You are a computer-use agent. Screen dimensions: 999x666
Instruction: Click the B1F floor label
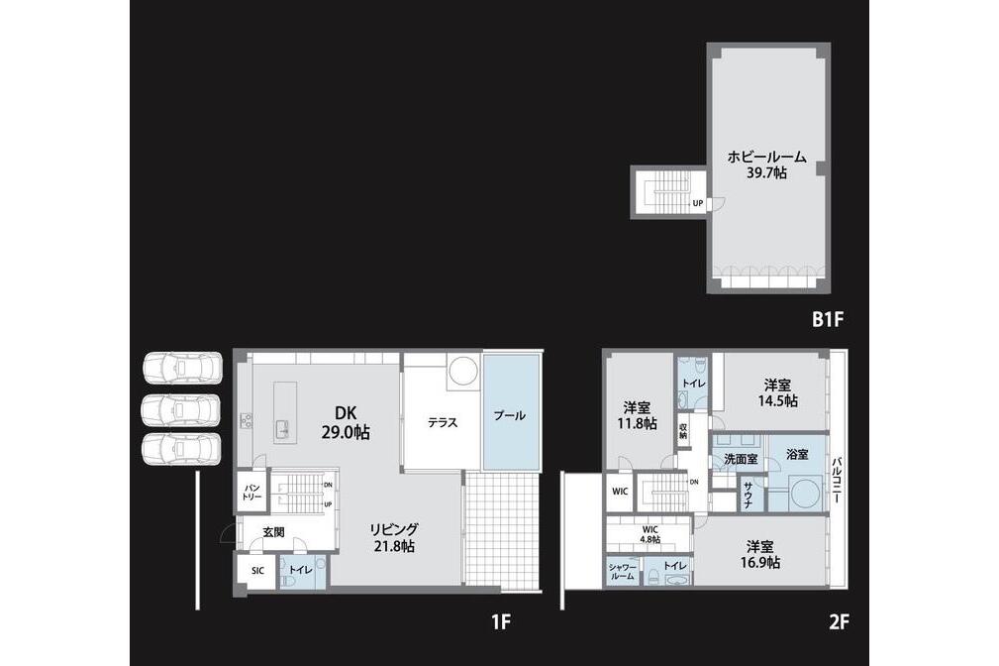pos(828,319)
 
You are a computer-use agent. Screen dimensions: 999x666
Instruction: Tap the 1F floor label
pos(501,621)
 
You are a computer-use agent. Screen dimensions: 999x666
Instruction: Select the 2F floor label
pos(839,621)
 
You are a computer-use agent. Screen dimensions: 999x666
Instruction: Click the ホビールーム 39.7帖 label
pos(767,164)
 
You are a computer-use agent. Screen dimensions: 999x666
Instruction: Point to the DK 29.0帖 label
pos(346,422)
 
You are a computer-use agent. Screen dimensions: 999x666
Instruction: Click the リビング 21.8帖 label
pos(394,537)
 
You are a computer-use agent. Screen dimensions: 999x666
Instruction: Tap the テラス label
pos(443,422)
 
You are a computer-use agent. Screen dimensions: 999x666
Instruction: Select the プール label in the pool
pos(510,416)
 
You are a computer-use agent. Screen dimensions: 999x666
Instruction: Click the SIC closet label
pos(257,571)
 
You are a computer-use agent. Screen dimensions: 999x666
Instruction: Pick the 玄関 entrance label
pos(273,532)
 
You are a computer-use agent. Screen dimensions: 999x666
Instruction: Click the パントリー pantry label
pos(251,492)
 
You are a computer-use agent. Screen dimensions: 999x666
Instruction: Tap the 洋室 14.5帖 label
pos(778,393)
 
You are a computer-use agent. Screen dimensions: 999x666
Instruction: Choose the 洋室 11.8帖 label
pos(637,414)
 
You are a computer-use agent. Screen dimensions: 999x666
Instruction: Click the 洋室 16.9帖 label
pos(760,554)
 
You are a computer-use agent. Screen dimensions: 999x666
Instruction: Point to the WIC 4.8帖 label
pos(649,534)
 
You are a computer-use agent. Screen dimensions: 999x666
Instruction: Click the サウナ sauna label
pos(748,495)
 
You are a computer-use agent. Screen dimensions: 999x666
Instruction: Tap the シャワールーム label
pos(622,572)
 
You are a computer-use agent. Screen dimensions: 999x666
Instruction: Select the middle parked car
pos(181,409)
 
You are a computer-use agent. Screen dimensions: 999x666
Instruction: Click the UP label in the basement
pos(698,203)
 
